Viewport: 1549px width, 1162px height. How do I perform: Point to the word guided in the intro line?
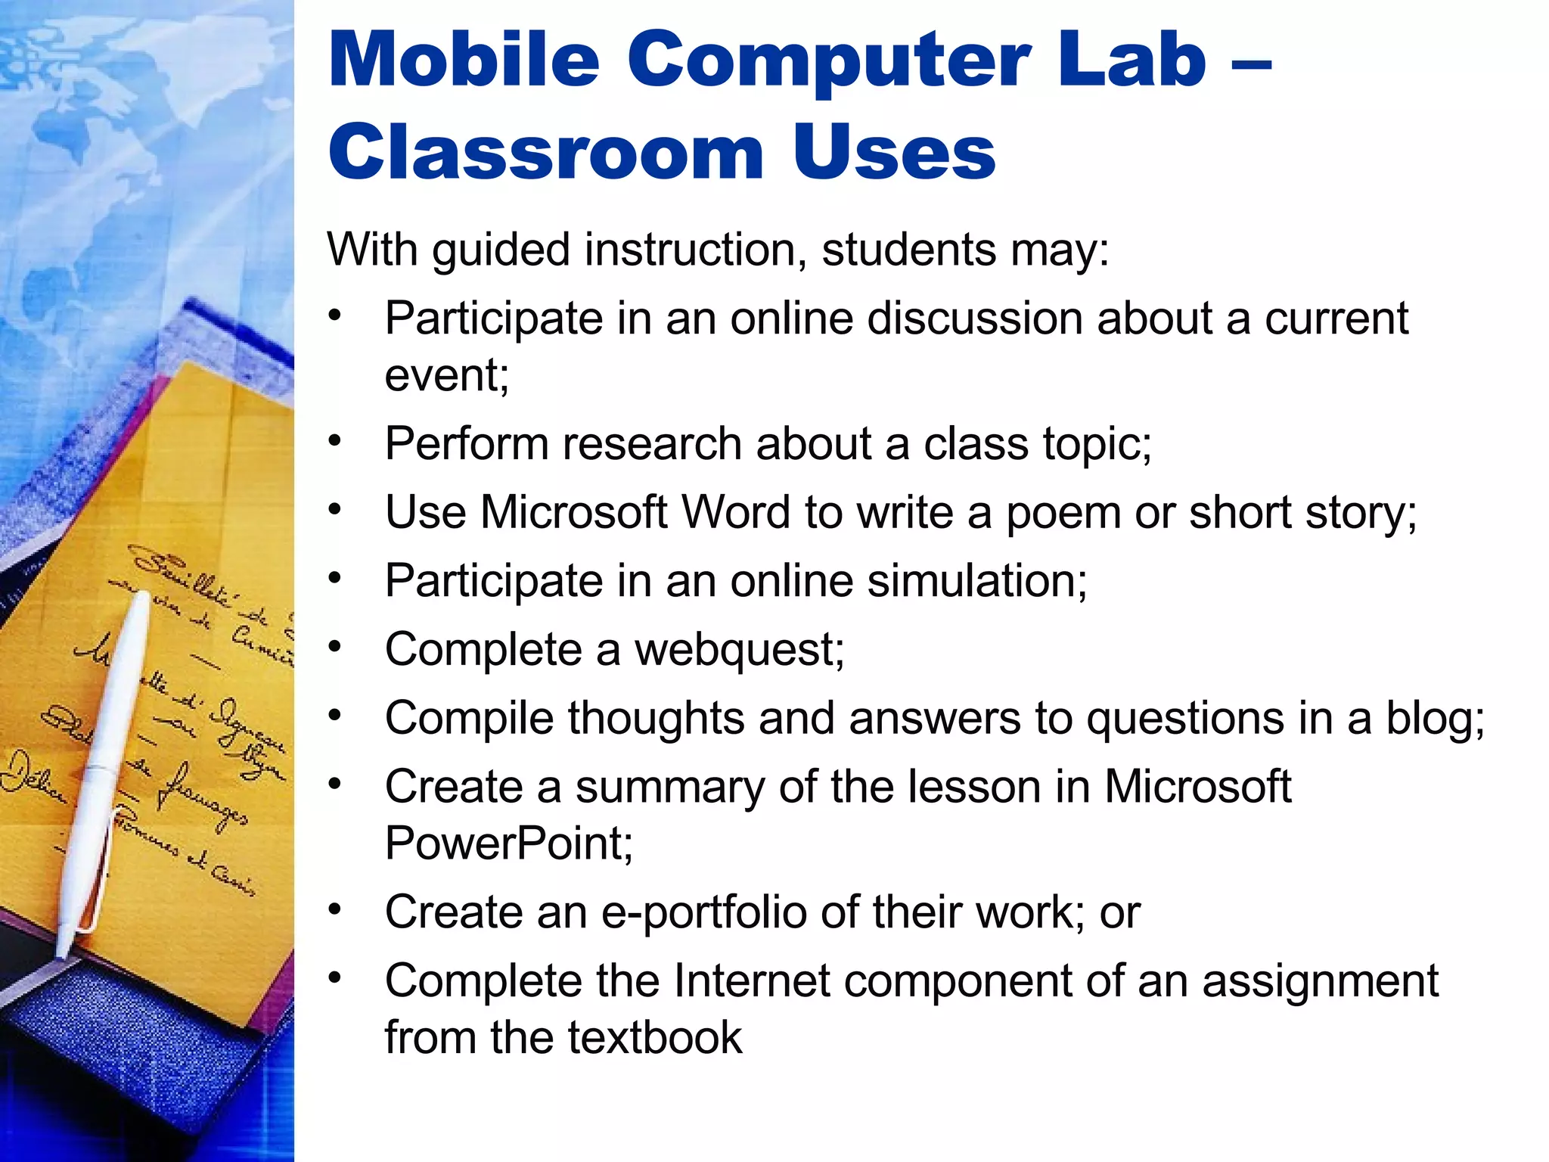point(501,250)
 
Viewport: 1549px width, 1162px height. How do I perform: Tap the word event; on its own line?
point(447,374)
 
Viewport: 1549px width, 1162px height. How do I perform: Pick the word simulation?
point(976,581)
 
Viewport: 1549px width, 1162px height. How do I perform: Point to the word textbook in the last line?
point(654,1037)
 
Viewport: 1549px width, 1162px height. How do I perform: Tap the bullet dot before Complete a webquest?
point(335,648)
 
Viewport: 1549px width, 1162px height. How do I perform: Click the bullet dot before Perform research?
point(335,440)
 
